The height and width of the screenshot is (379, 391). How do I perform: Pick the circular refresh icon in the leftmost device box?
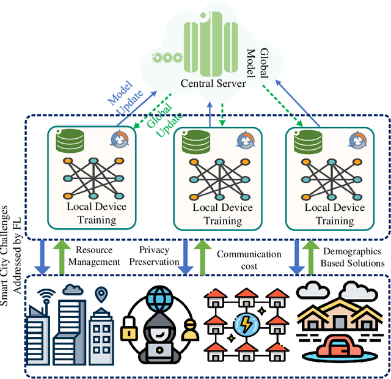point(120,140)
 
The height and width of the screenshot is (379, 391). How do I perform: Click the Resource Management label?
point(98,256)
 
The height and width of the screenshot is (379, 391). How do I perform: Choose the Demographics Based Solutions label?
point(354,257)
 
